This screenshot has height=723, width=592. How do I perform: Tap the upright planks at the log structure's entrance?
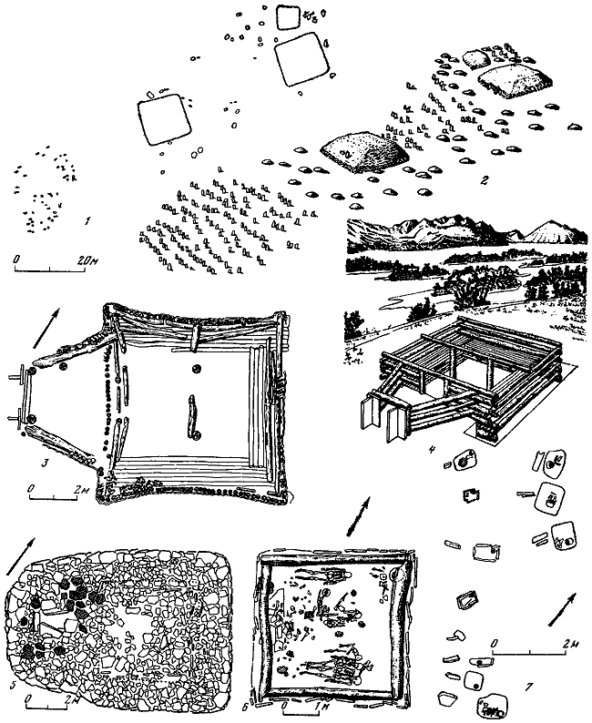378,421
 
